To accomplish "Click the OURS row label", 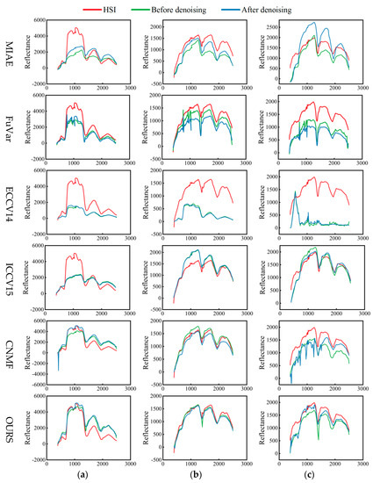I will [9, 428].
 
